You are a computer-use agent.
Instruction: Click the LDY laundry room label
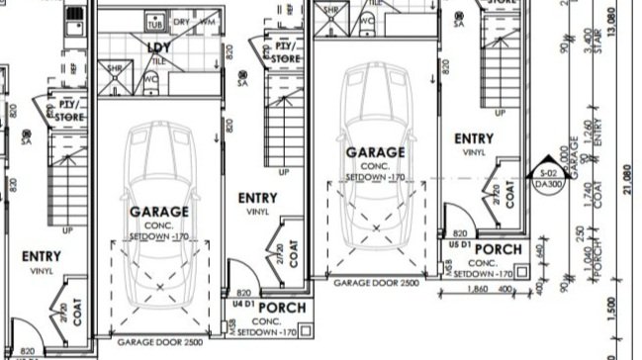coord(156,47)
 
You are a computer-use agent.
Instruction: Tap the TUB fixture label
coord(154,22)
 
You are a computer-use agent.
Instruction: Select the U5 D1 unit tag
coord(459,242)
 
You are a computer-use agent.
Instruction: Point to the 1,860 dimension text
coord(477,290)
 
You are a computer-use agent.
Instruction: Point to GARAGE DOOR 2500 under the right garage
coord(376,283)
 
